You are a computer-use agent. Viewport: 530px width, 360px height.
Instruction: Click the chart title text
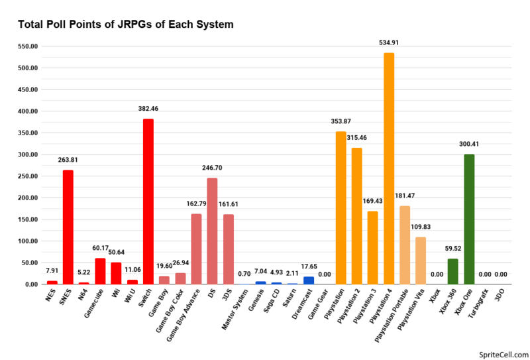tap(125, 25)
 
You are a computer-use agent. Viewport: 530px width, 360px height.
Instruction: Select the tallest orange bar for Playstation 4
tap(389, 168)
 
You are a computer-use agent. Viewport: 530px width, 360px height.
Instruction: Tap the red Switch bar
tap(148, 202)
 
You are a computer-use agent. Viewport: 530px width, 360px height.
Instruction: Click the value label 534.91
tap(389, 42)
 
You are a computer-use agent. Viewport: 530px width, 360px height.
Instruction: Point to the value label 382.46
tap(148, 108)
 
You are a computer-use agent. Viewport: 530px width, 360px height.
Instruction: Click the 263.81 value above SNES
tap(68, 159)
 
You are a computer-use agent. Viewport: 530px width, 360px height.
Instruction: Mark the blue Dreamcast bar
tap(309, 280)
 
